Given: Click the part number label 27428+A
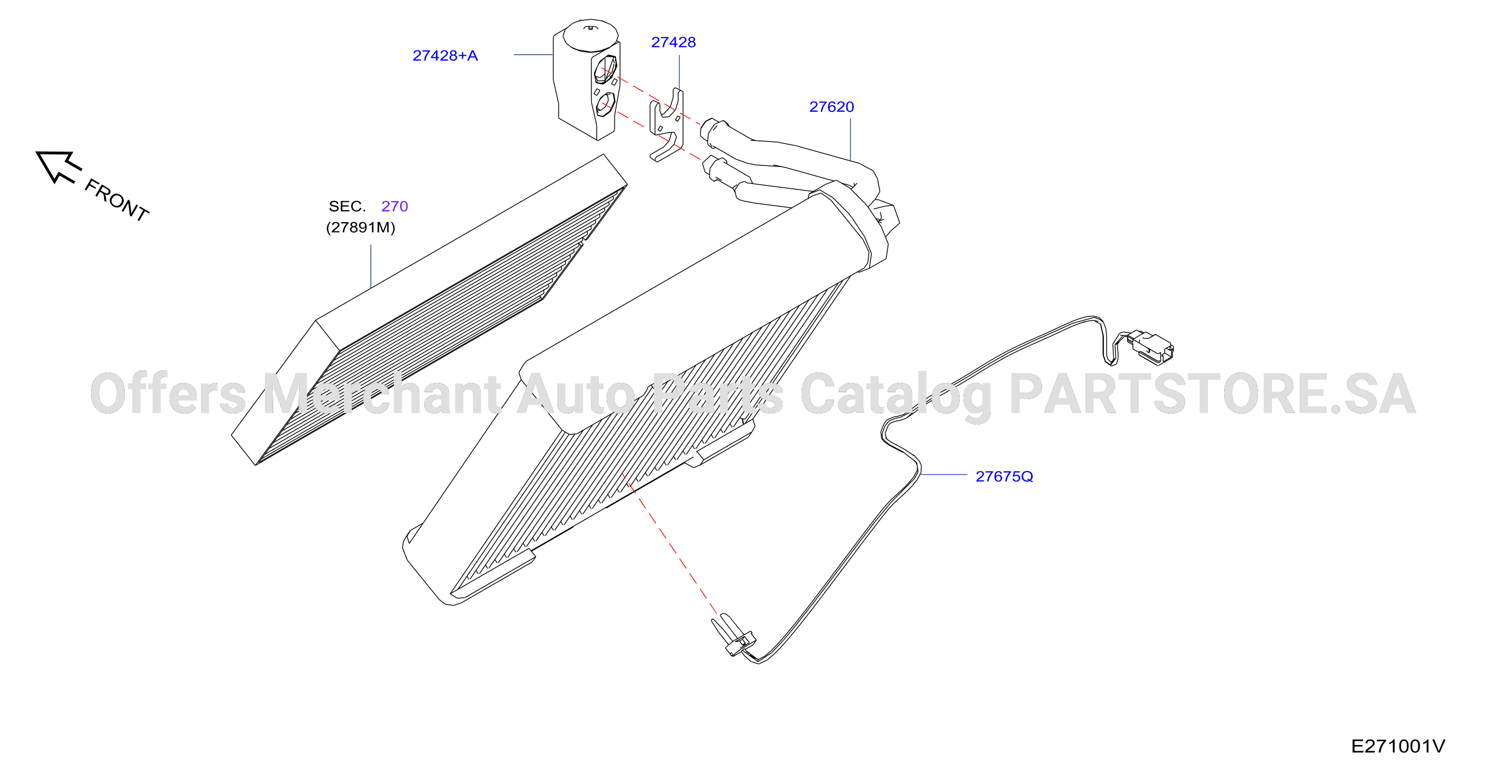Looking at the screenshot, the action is pyautogui.click(x=445, y=56).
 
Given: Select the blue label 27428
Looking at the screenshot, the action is pyautogui.click(x=673, y=42).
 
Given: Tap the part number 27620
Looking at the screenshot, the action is pyautogui.click(x=831, y=107).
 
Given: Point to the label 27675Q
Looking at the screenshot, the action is pyautogui.click(x=1004, y=477).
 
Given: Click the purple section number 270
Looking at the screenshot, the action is pyautogui.click(x=394, y=206).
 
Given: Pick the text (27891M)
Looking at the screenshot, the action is pyautogui.click(x=361, y=227).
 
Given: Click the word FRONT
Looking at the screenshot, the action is pyautogui.click(x=117, y=200).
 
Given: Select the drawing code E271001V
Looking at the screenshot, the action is pyautogui.click(x=1398, y=747).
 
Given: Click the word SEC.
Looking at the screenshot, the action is pyautogui.click(x=347, y=206).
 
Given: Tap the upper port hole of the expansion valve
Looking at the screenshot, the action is pyautogui.click(x=605, y=69).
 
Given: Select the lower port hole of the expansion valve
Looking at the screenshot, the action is pyautogui.click(x=605, y=104).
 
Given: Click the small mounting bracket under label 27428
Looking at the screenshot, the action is pyautogui.click(x=666, y=124).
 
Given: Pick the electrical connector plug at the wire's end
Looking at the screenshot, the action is pyautogui.click(x=1150, y=346).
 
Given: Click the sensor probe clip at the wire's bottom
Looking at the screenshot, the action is pyautogui.click(x=734, y=636).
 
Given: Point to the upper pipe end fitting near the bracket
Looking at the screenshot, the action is pyautogui.click(x=714, y=132).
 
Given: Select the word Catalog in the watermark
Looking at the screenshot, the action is pyautogui.click(x=896, y=396).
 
